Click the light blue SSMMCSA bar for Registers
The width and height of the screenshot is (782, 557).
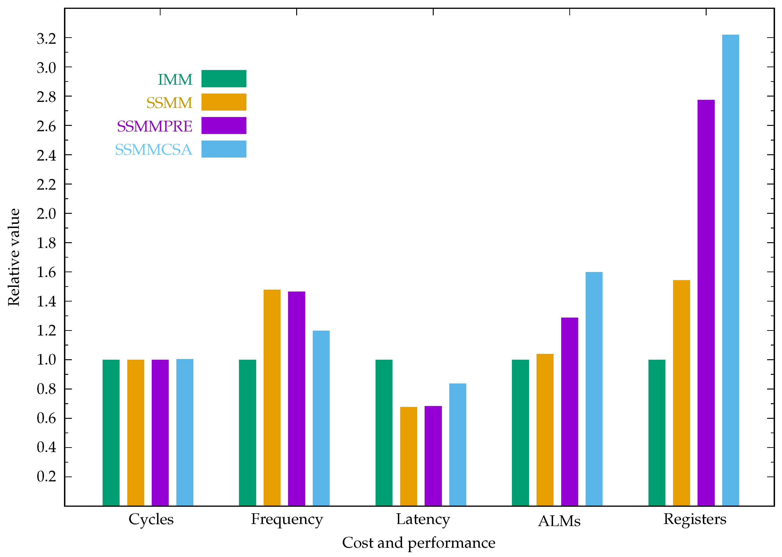pyautogui.click(x=731, y=271)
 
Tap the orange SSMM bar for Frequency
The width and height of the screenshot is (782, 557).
pyautogui.click(x=272, y=398)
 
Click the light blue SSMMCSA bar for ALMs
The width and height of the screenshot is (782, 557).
pyautogui.click(x=594, y=389)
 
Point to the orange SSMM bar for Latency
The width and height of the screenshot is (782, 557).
pyautogui.click(x=409, y=456)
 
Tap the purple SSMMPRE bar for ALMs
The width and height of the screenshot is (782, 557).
pyautogui.click(x=569, y=412)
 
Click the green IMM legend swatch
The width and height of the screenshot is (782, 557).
pyautogui.click(x=224, y=79)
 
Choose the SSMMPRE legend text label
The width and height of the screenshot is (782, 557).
pyautogui.click(x=154, y=126)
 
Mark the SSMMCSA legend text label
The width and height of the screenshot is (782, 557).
pyautogui.click(x=153, y=150)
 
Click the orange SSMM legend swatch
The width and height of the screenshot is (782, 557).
pyautogui.click(x=224, y=102)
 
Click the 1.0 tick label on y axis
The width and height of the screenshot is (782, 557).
pyautogui.click(x=46, y=360)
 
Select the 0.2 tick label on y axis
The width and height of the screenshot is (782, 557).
pyautogui.click(x=46, y=476)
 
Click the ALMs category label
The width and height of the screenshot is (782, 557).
pyautogui.click(x=559, y=521)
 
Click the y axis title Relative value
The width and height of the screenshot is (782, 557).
pyautogui.click(x=14, y=257)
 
